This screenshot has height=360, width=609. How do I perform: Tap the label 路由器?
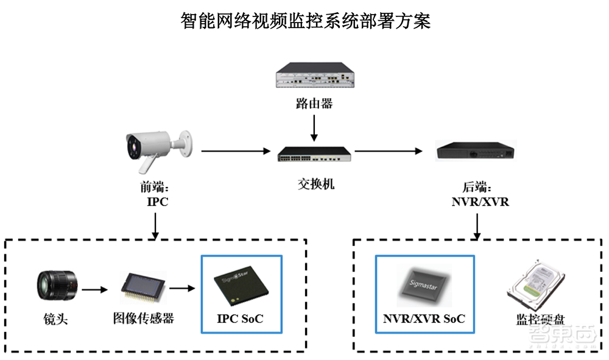[314, 104]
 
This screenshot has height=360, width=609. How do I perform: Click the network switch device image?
[314, 155]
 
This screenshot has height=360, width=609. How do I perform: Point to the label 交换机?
[314, 183]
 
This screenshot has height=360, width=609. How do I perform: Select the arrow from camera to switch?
[235, 150]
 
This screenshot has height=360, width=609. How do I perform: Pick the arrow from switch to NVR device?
[390, 150]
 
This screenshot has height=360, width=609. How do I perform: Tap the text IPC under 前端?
[157, 202]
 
